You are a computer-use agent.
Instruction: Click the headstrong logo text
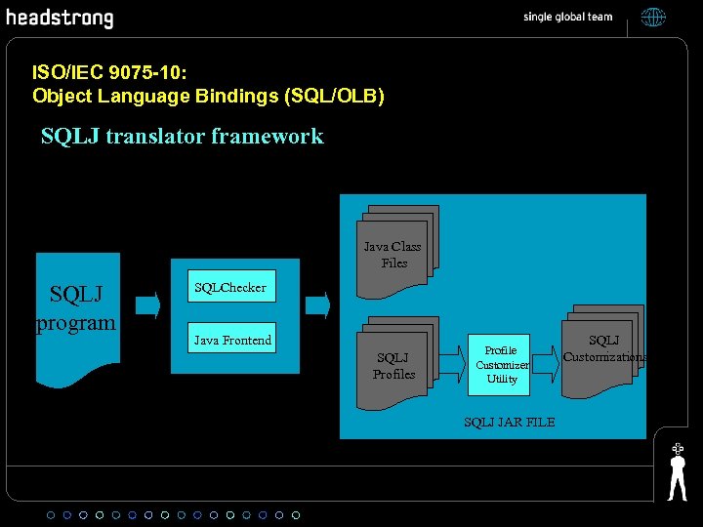(60, 19)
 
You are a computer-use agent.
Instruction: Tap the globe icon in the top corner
(652, 17)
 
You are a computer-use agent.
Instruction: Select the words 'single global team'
(567, 17)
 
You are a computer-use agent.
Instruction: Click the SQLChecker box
(230, 288)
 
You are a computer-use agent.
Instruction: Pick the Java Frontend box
(232, 340)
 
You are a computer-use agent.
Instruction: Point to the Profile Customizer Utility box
(502, 364)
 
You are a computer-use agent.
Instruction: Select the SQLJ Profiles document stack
(394, 360)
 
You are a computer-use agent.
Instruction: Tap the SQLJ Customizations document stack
(602, 351)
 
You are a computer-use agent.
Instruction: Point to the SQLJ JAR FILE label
(509, 422)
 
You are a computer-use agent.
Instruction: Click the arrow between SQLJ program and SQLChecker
(146, 305)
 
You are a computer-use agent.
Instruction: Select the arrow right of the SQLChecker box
(317, 305)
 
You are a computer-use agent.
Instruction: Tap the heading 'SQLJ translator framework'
(182, 136)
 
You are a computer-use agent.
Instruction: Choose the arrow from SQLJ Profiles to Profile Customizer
(450, 364)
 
